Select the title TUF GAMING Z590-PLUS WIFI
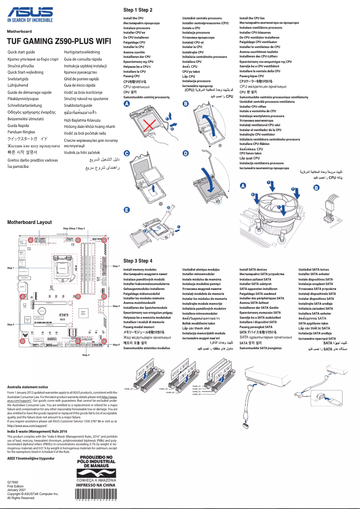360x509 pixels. (x=59, y=41)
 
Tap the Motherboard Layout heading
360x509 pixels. (x=30, y=222)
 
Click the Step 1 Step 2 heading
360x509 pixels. (x=138, y=10)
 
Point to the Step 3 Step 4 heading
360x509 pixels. (x=138, y=261)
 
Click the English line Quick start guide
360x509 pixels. (x=21, y=53)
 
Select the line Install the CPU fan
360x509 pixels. (x=252, y=18)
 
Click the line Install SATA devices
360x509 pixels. (x=253, y=269)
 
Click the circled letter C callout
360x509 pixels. (x=127, y=154)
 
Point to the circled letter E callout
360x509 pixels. (x=127, y=210)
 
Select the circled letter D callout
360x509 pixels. (x=186, y=154)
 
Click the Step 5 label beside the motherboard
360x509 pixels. (x=11, y=324)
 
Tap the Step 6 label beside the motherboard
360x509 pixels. (x=116, y=345)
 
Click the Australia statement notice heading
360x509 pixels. (x=27, y=386)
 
